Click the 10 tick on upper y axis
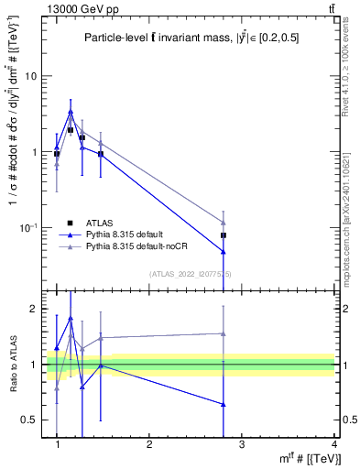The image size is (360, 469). tap(33, 76)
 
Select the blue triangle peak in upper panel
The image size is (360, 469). tap(71, 112)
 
